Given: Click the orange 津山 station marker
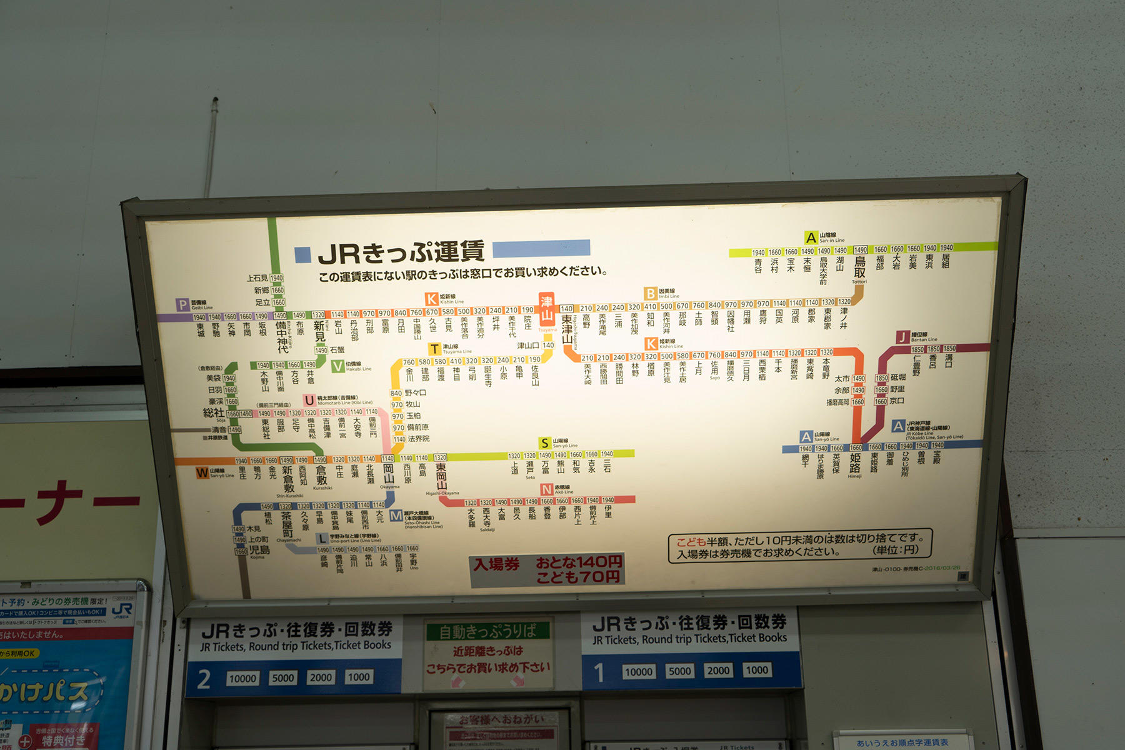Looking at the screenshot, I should pos(546,309).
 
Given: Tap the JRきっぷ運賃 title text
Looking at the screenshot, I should pos(401,252).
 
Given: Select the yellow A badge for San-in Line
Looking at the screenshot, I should pos(811,237).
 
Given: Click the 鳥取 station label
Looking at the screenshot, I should pos(860,267).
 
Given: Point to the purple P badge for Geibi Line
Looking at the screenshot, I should pos(182,304).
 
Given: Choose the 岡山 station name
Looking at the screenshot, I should pos(388,473).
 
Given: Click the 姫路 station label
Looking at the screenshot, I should pos(854,463).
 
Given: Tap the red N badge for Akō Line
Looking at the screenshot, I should pos(547,489).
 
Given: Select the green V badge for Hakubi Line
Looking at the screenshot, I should pos(337,366).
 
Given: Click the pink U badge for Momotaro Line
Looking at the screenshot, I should pos(309,400).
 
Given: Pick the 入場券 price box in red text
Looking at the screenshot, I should pos(547,570).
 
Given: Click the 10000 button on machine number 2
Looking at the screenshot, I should pos(242,679).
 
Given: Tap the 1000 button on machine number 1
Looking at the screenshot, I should pos(757,670).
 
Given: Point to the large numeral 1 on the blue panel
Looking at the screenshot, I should pos(599,672).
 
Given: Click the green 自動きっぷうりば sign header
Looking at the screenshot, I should pos(488,631).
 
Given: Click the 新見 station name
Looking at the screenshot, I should pos(319,331).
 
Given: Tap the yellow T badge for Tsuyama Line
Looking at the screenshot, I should pos(434,349).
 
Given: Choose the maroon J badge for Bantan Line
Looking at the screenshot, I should pos(902,337).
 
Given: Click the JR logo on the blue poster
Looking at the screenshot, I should pos(122,610).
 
